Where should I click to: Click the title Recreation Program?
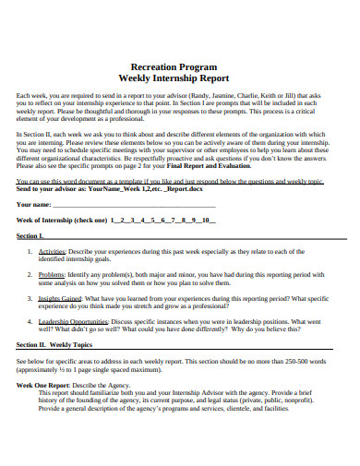(181, 67)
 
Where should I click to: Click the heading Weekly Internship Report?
(181, 78)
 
